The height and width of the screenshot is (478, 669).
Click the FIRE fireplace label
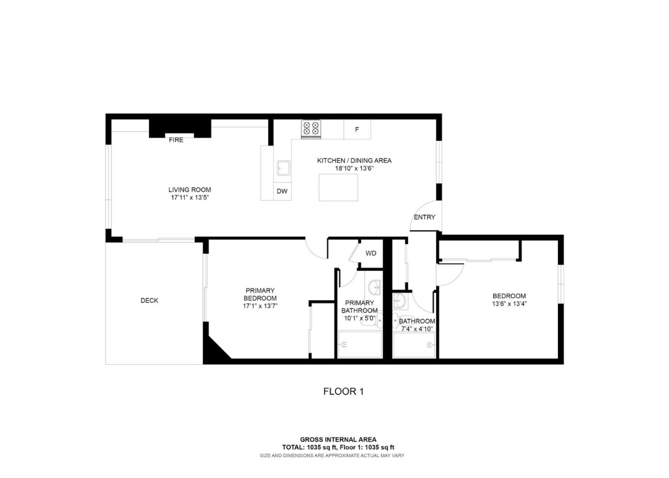click(176, 140)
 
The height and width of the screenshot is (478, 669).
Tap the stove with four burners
click(311, 129)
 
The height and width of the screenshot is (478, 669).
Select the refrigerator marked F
click(357, 130)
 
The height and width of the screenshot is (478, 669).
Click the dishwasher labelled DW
click(282, 191)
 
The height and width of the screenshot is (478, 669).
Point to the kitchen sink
click(283, 168)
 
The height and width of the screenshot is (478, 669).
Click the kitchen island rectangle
click(338, 187)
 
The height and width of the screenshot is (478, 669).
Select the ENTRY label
click(424, 217)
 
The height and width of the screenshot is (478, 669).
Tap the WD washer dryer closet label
click(371, 253)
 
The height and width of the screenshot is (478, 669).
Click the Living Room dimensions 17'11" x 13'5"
click(190, 197)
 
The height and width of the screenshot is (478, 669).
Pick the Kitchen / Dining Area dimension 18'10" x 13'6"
click(354, 168)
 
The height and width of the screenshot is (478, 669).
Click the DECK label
click(150, 301)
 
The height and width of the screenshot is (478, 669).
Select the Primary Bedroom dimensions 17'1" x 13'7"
click(260, 306)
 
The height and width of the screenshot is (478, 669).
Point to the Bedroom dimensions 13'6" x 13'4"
click(509, 304)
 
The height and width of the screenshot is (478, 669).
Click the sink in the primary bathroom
click(374, 288)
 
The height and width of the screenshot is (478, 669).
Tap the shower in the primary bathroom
click(360, 344)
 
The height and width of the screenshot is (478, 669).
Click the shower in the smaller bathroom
click(414, 345)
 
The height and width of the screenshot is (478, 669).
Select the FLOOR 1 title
click(343, 392)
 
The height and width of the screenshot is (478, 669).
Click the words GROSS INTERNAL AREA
click(338, 439)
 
